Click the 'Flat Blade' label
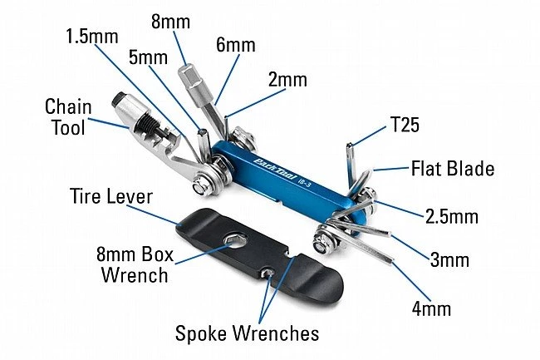pyautogui.click(x=453, y=169)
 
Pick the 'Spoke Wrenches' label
pyautogui.click(x=247, y=333)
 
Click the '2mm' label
pyautogui.click(x=287, y=80)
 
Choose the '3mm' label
pyautogui.click(x=449, y=260)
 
